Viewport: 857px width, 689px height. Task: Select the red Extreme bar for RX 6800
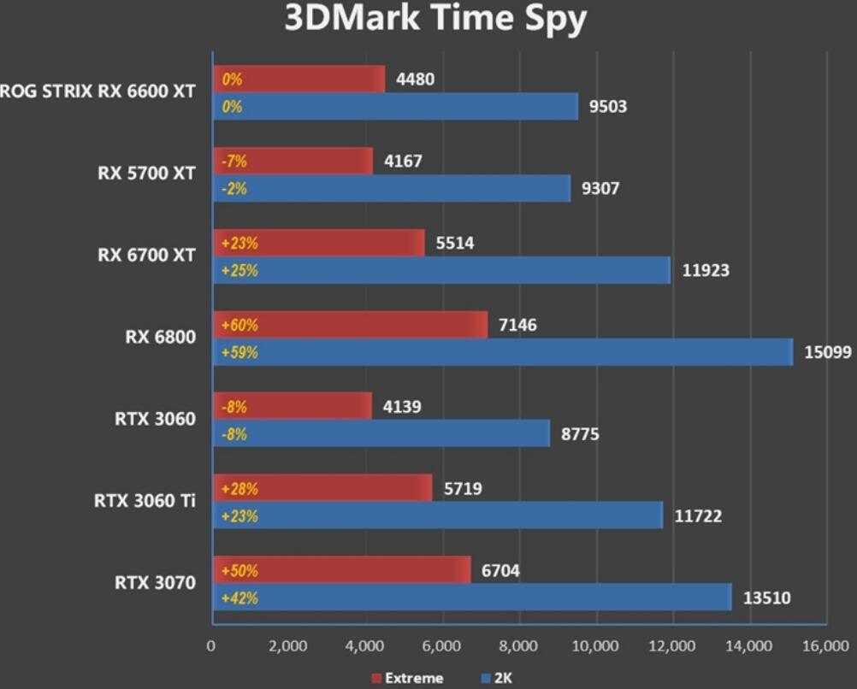point(350,325)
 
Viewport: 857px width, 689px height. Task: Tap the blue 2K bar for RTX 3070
point(471,598)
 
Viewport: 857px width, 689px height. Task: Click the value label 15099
point(827,352)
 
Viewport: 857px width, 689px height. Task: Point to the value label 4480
point(415,79)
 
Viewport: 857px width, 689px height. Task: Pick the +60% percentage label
point(239,325)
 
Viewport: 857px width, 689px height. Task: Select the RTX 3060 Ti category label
point(144,501)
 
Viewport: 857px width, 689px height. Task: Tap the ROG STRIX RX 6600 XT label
point(98,91)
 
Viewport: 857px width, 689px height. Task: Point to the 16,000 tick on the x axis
point(826,645)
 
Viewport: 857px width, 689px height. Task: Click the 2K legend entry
point(502,678)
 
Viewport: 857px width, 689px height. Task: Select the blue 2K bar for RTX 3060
point(381,434)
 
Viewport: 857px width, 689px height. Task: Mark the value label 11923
point(706,271)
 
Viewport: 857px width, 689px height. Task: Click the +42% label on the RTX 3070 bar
point(239,598)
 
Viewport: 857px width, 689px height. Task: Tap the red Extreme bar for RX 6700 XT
point(318,243)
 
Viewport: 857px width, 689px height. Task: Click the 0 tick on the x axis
point(211,645)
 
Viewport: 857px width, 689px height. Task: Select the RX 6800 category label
point(160,337)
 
